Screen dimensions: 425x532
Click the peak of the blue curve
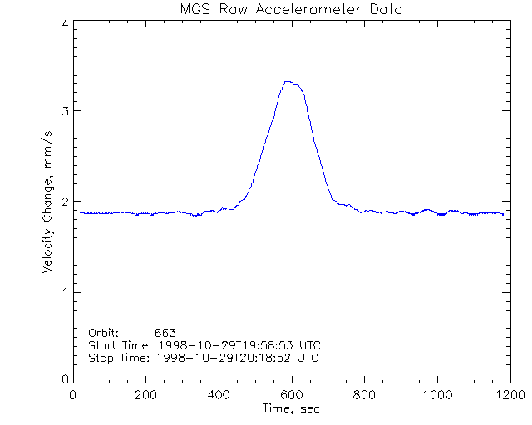(288, 81)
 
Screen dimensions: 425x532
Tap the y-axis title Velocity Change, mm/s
(50, 201)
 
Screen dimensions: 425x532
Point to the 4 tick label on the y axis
(65, 25)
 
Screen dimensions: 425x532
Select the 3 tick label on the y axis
(65, 111)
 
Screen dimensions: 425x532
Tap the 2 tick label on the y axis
(65, 202)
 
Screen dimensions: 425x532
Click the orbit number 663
(165, 333)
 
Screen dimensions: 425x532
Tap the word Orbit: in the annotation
(104, 333)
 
